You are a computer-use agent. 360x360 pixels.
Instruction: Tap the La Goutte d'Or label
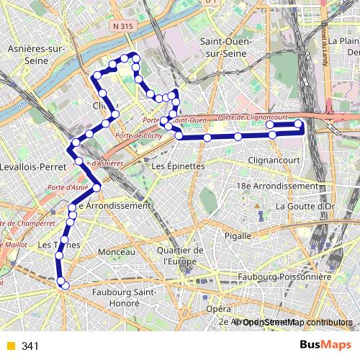(x=305, y=205)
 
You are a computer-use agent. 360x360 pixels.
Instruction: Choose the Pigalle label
(x=236, y=235)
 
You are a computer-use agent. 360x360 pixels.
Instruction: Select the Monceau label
(x=116, y=252)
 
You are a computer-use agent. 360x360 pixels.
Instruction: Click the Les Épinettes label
(x=179, y=166)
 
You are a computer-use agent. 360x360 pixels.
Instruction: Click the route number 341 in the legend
(x=30, y=346)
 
